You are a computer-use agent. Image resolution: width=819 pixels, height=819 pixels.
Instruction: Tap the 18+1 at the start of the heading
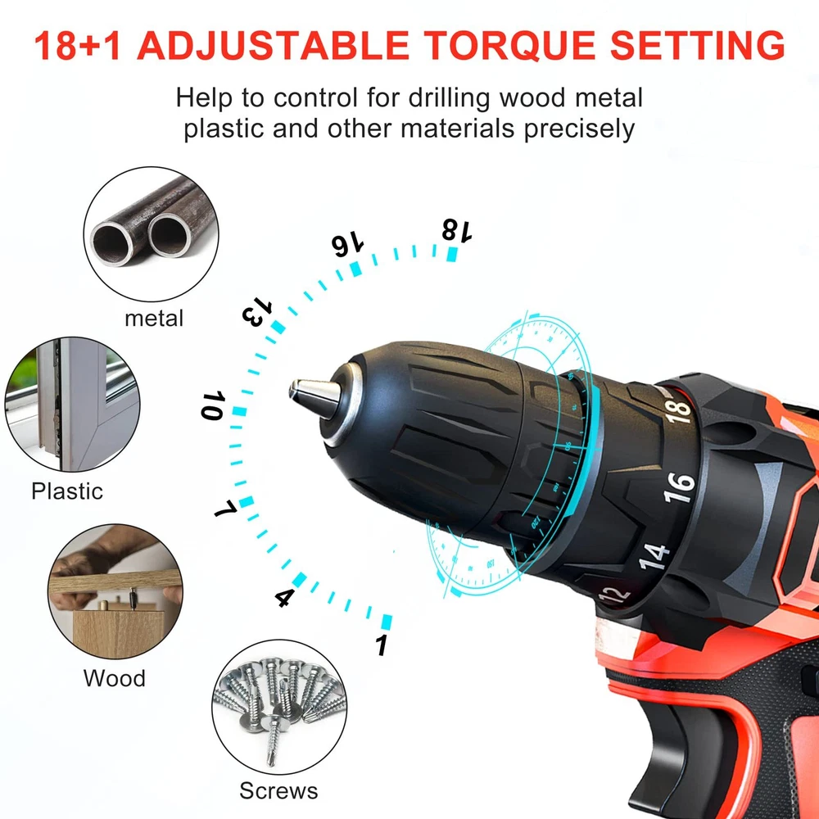pos(78,45)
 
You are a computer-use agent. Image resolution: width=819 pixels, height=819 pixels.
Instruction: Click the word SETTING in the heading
pos(697,45)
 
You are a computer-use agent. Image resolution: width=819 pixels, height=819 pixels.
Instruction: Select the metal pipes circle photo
pos(151,234)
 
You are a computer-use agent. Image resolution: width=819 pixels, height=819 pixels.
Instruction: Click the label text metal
pos(154,318)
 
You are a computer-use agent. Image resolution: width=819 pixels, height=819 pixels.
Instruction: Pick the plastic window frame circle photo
pos(73,405)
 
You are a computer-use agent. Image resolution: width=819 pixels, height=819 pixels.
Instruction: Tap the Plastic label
pos(67,491)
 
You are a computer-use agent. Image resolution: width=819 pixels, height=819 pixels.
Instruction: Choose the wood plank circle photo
pos(115,591)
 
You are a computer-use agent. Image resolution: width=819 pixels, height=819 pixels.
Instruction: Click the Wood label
pos(115,678)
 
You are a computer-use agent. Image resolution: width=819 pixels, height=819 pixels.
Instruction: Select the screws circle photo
pos(279,707)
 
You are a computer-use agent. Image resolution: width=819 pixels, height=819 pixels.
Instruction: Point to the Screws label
pos(278,790)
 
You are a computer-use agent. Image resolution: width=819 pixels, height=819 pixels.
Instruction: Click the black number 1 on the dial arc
pos(382,645)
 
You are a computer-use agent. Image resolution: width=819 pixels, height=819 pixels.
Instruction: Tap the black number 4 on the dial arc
pos(283,597)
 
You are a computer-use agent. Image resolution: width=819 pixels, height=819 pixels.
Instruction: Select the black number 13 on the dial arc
pos(257,312)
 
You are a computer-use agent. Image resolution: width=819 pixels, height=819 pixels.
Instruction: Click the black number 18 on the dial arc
pos(457,230)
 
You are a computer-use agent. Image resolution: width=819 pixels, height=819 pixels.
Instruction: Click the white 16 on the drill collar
pos(679,487)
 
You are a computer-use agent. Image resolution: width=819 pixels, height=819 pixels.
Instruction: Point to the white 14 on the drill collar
pos(654,556)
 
